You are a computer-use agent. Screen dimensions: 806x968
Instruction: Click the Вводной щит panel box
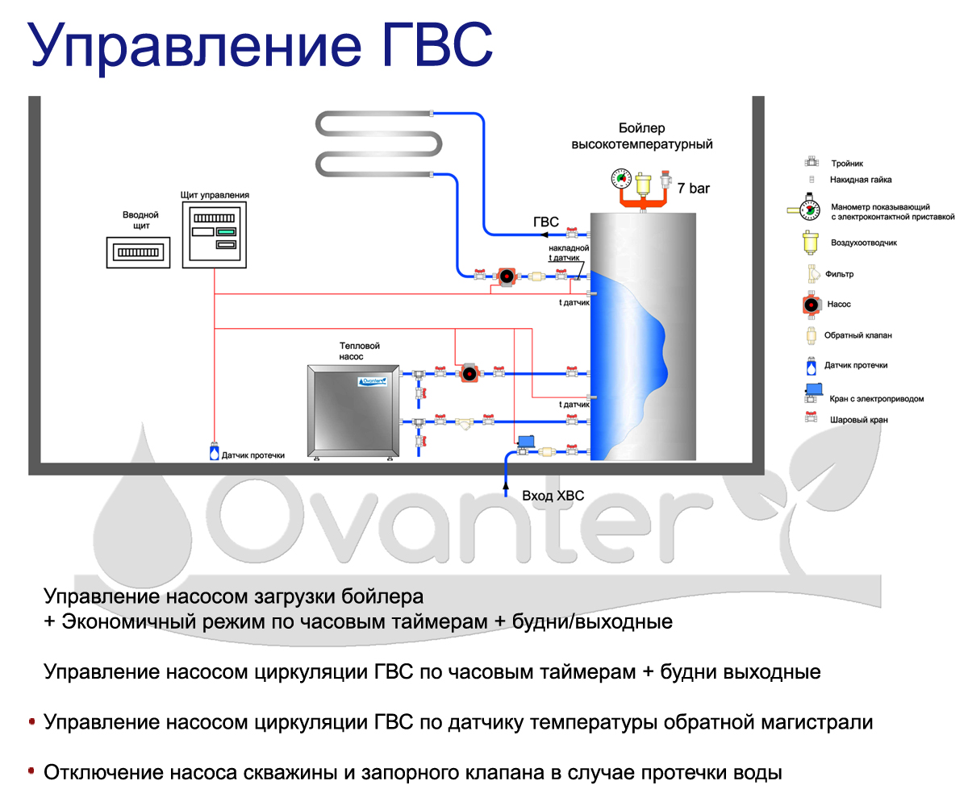[x=140, y=252]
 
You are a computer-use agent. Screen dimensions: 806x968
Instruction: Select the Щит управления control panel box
[x=214, y=235]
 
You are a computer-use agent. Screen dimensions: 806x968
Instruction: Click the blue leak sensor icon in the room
[x=214, y=452]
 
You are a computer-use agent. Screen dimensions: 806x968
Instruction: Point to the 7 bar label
[x=694, y=189]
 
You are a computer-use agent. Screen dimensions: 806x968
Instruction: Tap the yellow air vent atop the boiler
[x=644, y=184]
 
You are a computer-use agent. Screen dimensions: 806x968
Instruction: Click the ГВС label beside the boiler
[x=545, y=222]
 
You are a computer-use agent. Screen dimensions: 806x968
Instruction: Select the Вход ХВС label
[x=553, y=495]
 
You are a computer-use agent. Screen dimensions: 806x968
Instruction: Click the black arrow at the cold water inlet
[x=506, y=484]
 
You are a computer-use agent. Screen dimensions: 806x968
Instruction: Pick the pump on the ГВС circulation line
[x=506, y=276]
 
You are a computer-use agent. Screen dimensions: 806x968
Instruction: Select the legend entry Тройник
[x=847, y=164]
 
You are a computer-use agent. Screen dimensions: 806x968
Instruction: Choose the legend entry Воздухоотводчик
[x=864, y=242]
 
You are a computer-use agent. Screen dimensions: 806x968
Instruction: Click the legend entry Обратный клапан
[x=860, y=335]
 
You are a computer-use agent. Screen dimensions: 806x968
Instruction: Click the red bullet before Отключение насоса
[x=31, y=772]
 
